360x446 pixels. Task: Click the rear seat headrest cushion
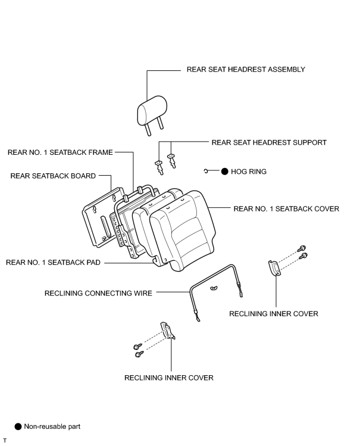[x=152, y=110]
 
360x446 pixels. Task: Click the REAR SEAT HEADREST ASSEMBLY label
[x=246, y=70]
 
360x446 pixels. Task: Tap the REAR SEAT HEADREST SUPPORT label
[x=269, y=142]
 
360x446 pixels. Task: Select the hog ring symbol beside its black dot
[x=206, y=171]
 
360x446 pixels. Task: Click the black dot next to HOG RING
[x=225, y=171]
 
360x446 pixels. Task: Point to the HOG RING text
[x=249, y=171]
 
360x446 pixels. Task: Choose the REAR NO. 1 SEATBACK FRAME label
[x=60, y=152]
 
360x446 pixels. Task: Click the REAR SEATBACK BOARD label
[x=53, y=176]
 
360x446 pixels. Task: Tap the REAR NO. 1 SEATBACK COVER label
[x=286, y=209]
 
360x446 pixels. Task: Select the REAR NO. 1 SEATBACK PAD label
[x=53, y=262]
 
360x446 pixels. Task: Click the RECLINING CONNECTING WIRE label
[x=98, y=293]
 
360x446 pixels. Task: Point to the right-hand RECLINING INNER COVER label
[x=274, y=314]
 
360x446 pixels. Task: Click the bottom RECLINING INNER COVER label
[x=169, y=378]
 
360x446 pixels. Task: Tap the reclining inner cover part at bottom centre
[x=168, y=330]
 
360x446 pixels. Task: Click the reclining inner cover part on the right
[x=274, y=268]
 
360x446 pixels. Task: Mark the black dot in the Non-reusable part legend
[x=18, y=427]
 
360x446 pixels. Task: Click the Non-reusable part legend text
[x=52, y=427]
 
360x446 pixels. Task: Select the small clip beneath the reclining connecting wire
[x=214, y=288]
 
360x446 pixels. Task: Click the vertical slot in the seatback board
[x=104, y=226]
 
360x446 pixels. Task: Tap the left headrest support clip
[x=159, y=167]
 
